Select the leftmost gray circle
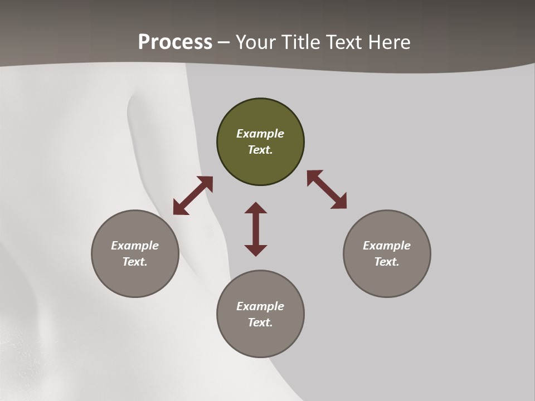[135, 278]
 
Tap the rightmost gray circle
[387, 278]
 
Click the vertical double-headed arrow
[256, 229]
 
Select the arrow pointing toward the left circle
[193, 195]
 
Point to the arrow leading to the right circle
[327, 190]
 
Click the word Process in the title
[175, 42]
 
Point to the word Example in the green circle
[260, 134]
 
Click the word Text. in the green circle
[260, 150]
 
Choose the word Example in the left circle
[135, 246]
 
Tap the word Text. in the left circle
[135, 262]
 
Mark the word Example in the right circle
[387, 246]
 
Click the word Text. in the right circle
[387, 262]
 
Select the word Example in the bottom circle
[260, 306]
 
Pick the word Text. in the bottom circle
[260, 322]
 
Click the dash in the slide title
[223, 42]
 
